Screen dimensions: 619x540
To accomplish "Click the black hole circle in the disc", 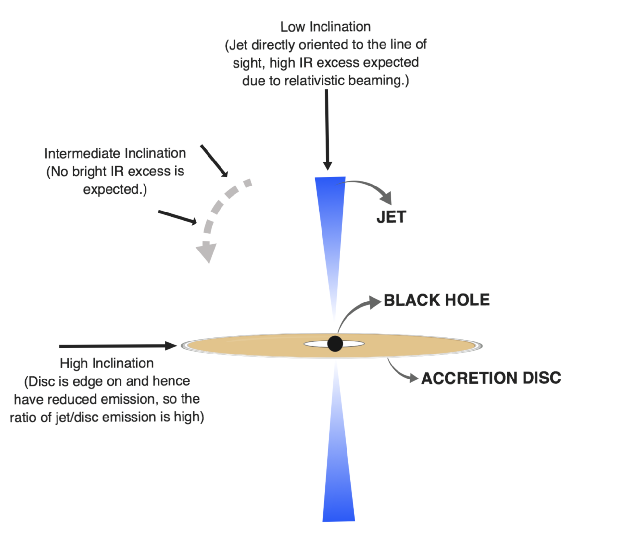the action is pos(335,343).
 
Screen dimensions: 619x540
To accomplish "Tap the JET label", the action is pos(391,217).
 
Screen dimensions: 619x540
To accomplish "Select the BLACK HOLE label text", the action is pos(436,300).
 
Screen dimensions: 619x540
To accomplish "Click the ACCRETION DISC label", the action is pos(491,378).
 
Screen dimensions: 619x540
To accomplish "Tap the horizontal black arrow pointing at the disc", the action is pos(118,346).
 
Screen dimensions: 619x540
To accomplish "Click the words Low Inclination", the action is pos(325,27).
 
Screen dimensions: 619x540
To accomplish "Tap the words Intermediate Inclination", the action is pos(115,153).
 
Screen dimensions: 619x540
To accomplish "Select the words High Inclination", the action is pos(107,363).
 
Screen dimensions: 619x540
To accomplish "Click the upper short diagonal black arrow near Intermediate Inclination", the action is pos(214,161).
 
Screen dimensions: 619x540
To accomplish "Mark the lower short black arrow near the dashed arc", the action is pos(178,217).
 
